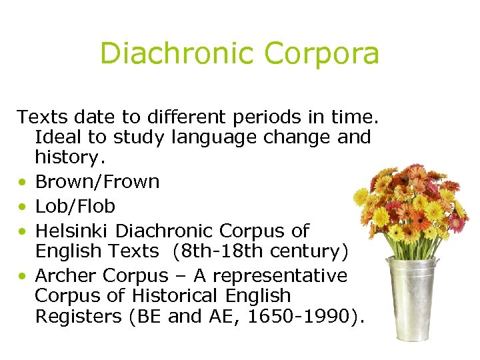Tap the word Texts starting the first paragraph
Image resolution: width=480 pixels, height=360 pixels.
(39, 118)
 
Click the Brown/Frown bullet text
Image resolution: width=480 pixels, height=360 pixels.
(97, 182)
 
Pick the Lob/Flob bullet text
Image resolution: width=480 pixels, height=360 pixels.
(75, 206)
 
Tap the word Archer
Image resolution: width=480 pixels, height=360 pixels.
(66, 275)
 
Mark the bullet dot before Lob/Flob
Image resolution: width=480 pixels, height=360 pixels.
(23, 207)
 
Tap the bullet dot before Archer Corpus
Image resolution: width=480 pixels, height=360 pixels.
(23, 276)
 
